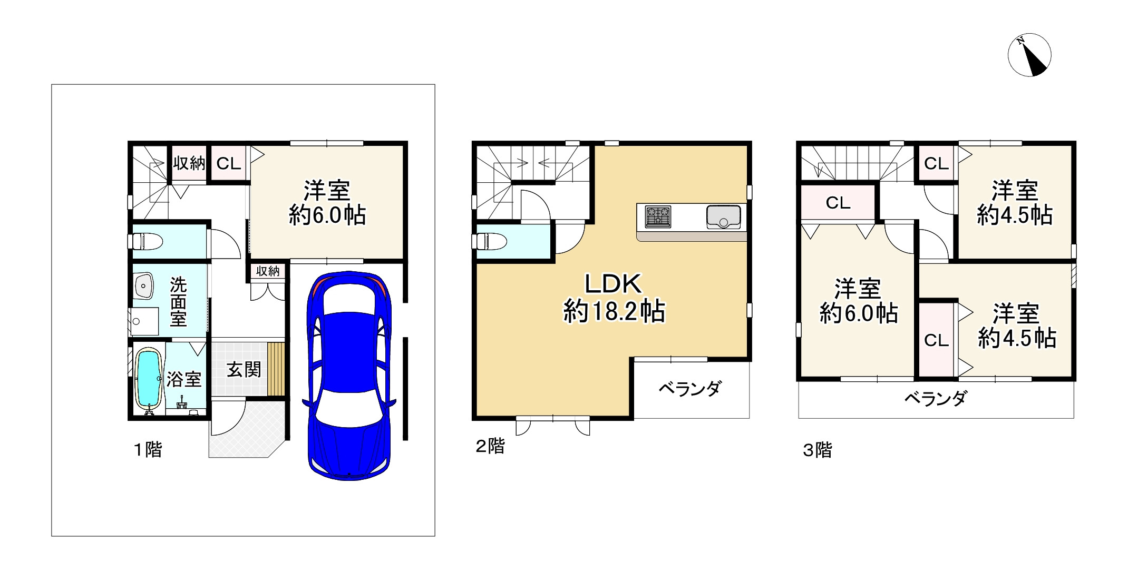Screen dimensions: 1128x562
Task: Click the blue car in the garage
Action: (349, 375)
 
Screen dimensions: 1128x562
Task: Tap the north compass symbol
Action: (1029, 55)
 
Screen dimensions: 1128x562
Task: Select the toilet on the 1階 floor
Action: (147, 242)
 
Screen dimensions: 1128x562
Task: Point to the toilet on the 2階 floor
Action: (491, 241)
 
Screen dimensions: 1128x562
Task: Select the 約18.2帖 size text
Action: (614, 311)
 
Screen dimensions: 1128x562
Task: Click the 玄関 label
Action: (244, 369)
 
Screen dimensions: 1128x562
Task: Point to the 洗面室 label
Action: (178, 302)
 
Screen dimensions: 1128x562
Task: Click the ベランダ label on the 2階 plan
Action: (689, 389)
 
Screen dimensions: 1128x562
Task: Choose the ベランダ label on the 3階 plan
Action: (936, 398)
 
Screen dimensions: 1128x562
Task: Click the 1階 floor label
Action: (147, 450)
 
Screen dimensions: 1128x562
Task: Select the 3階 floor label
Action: (818, 450)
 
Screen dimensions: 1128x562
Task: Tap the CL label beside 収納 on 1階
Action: (229, 163)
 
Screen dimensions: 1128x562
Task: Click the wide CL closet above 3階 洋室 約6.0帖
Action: (838, 203)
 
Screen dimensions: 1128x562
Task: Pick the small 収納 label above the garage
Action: (268, 271)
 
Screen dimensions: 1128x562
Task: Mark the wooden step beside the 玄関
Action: (276, 369)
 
